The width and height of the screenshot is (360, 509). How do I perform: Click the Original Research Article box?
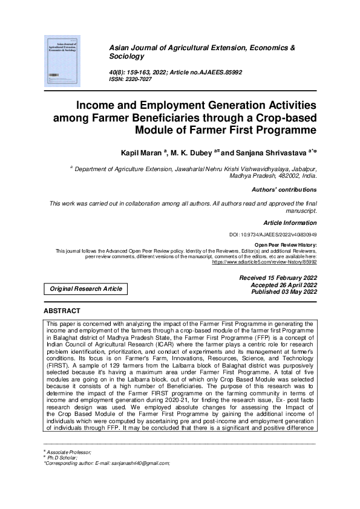(85, 289)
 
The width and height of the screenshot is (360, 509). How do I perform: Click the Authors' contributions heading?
(284, 190)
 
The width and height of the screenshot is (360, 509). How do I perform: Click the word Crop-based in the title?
(287, 117)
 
